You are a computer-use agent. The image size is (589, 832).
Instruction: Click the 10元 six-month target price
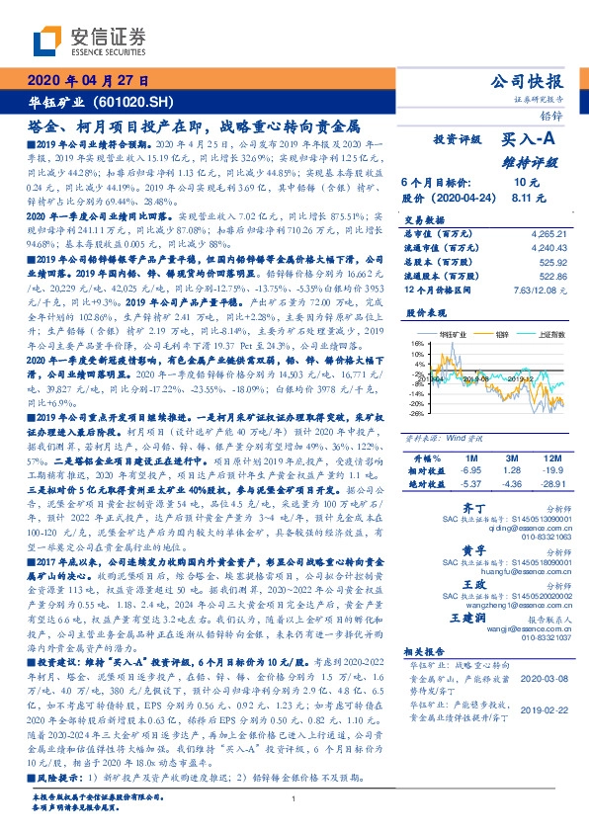pos(525,183)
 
